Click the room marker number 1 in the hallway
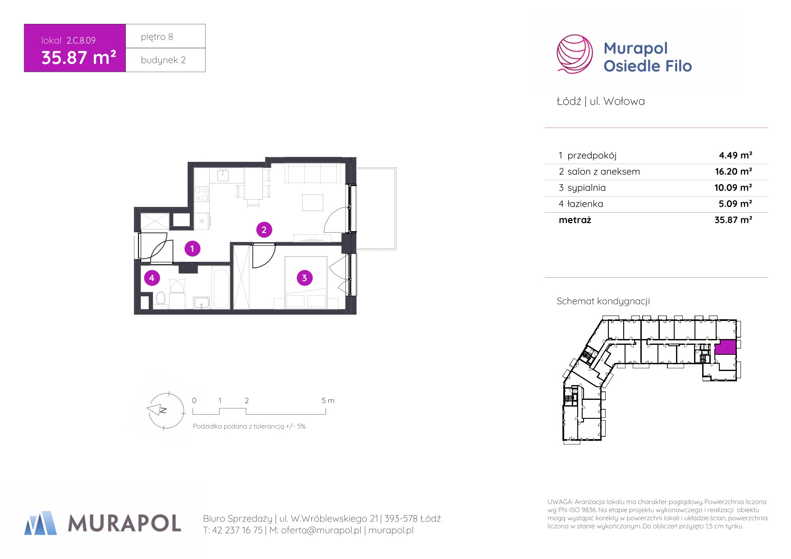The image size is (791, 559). pyautogui.click(x=192, y=248)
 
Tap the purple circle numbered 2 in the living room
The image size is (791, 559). pyautogui.click(x=264, y=229)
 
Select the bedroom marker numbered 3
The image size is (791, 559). pyautogui.click(x=304, y=278)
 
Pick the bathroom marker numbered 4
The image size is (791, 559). pyautogui.click(x=152, y=278)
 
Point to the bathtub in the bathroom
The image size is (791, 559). pyautogui.click(x=221, y=289)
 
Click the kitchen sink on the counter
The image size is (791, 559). pyautogui.click(x=223, y=175)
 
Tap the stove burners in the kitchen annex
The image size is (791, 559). pyautogui.click(x=201, y=194)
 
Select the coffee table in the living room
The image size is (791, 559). pyautogui.click(x=313, y=202)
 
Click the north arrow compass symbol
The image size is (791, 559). pyautogui.click(x=166, y=410)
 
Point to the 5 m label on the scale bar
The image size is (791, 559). pyautogui.click(x=328, y=400)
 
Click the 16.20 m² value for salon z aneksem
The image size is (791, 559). pyautogui.click(x=733, y=171)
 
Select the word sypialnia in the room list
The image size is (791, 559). pyautogui.click(x=586, y=188)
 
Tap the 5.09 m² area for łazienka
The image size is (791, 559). pyautogui.click(x=735, y=204)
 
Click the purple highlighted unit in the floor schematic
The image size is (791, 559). pyautogui.click(x=725, y=347)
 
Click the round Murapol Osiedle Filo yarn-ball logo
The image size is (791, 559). pyautogui.click(x=575, y=54)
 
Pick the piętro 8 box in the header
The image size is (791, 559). pyautogui.click(x=166, y=36)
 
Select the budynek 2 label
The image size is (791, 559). pyautogui.click(x=163, y=60)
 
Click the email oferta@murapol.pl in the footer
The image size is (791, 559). pyautogui.click(x=321, y=531)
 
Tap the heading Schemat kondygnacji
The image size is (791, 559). pyautogui.click(x=603, y=301)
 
